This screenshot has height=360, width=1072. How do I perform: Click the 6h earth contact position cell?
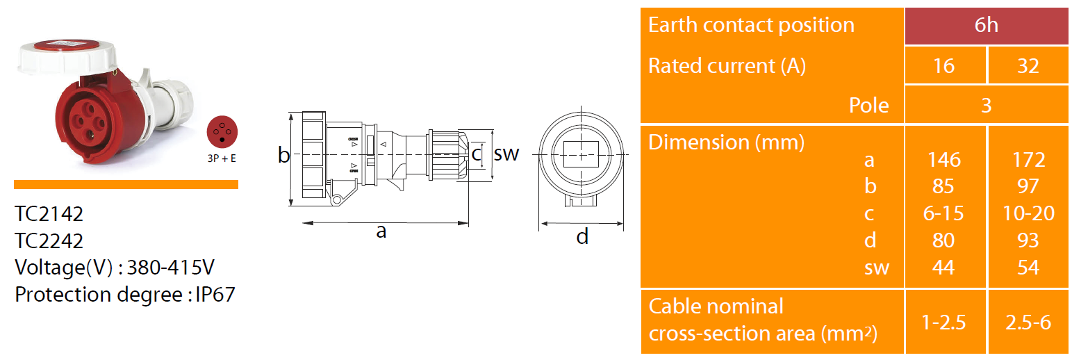point(986,26)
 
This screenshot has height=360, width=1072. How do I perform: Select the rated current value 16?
point(944,66)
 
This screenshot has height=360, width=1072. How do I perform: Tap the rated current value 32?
point(1028,66)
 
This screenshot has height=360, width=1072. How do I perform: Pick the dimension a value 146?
point(944,160)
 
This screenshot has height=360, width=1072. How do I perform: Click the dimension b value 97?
point(1028,186)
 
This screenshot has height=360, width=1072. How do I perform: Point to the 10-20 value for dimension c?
point(1028,213)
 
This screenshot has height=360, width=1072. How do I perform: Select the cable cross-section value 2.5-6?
point(1028,322)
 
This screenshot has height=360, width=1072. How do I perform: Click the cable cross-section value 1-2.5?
point(944,322)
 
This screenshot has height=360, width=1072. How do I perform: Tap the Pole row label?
point(868,105)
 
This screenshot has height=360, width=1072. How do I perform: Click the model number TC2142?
point(49,213)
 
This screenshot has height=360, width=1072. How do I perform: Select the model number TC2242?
point(49,240)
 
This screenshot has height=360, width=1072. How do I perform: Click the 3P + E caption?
point(222,158)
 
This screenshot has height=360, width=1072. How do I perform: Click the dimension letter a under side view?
point(381,231)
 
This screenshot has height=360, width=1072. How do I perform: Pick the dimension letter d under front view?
point(582,238)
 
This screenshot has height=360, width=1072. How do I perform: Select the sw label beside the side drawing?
point(506,154)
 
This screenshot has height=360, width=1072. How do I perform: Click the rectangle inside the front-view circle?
point(581,154)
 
